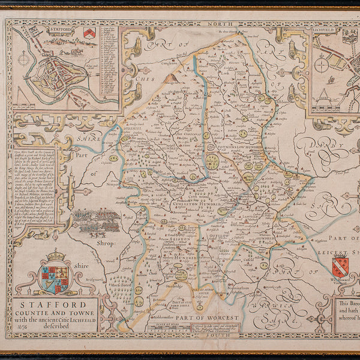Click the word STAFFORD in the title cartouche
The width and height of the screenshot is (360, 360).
(x=57, y=304)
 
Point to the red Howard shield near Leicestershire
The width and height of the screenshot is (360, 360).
(x=340, y=265)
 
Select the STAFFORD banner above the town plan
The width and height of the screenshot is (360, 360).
(x=46, y=28)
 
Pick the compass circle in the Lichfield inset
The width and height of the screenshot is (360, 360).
(x=322, y=65)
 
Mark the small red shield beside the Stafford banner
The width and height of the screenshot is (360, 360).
(x=90, y=33)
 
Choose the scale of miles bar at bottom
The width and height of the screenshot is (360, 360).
(x=168, y=328)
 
